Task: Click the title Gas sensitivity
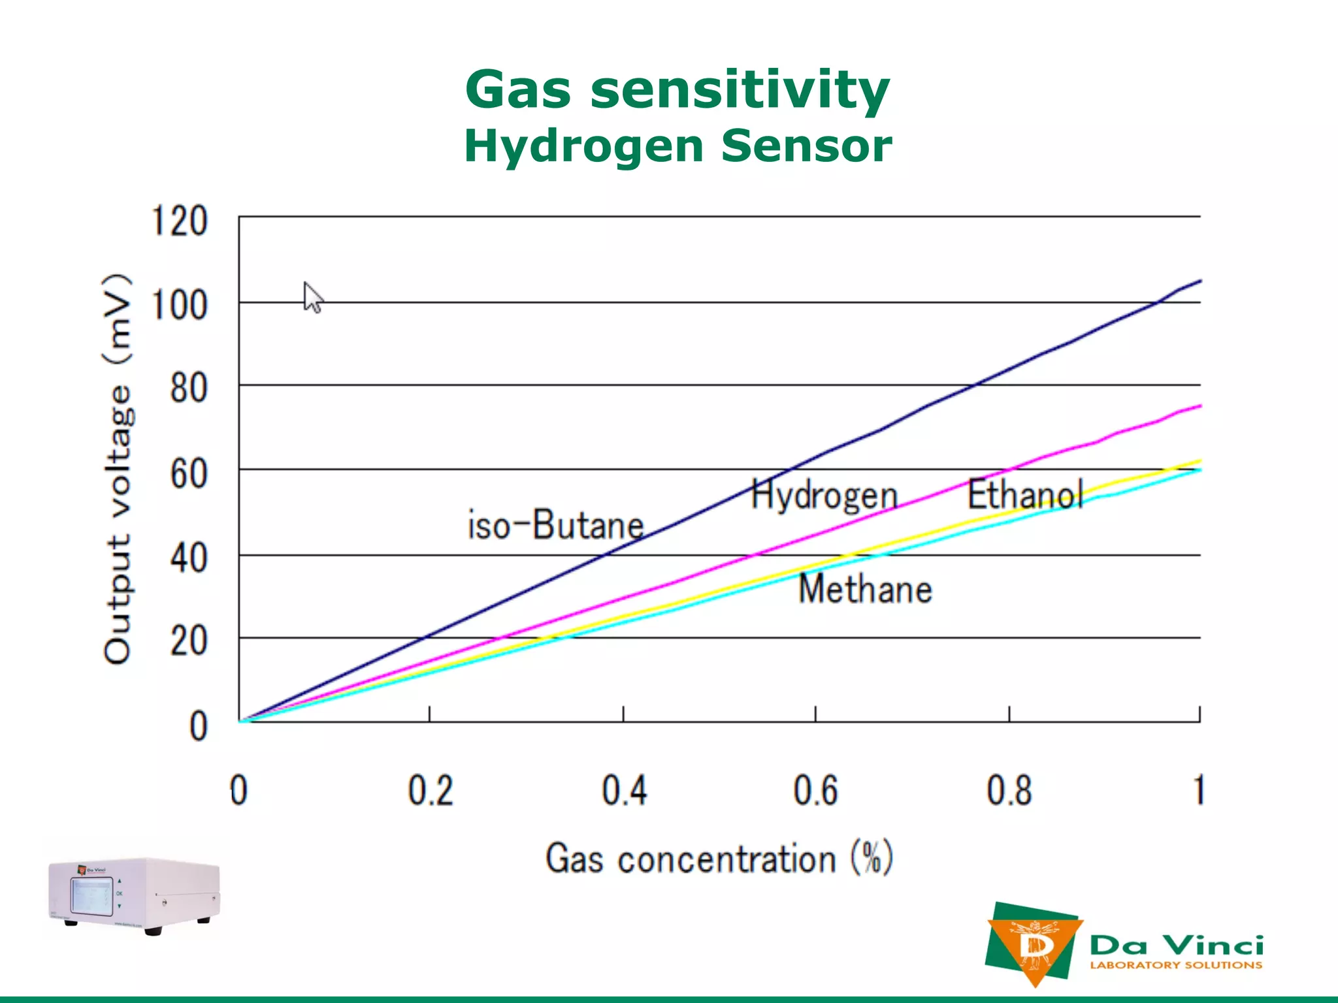tap(677, 90)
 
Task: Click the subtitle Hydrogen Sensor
tap(677, 146)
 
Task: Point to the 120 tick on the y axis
tap(180, 221)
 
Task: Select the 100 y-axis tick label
tap(180, 305)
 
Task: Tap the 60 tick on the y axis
tap(189, 473)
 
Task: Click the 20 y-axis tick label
tap(189, 641)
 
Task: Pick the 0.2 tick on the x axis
tap(431, 791)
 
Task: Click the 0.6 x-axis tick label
tap(815, 791)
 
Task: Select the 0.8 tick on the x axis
tap(1009, 791)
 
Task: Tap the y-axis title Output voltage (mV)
tap(118, 469)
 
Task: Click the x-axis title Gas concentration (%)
tap(719, 858)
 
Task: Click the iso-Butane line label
tap(555, 525)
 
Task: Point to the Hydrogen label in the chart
tap(824, 495)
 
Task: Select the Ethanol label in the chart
tap(1025, 494)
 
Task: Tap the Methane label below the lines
tap(865, 589)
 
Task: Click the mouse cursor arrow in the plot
tap(312, 298)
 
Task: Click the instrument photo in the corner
tap(135, 896)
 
